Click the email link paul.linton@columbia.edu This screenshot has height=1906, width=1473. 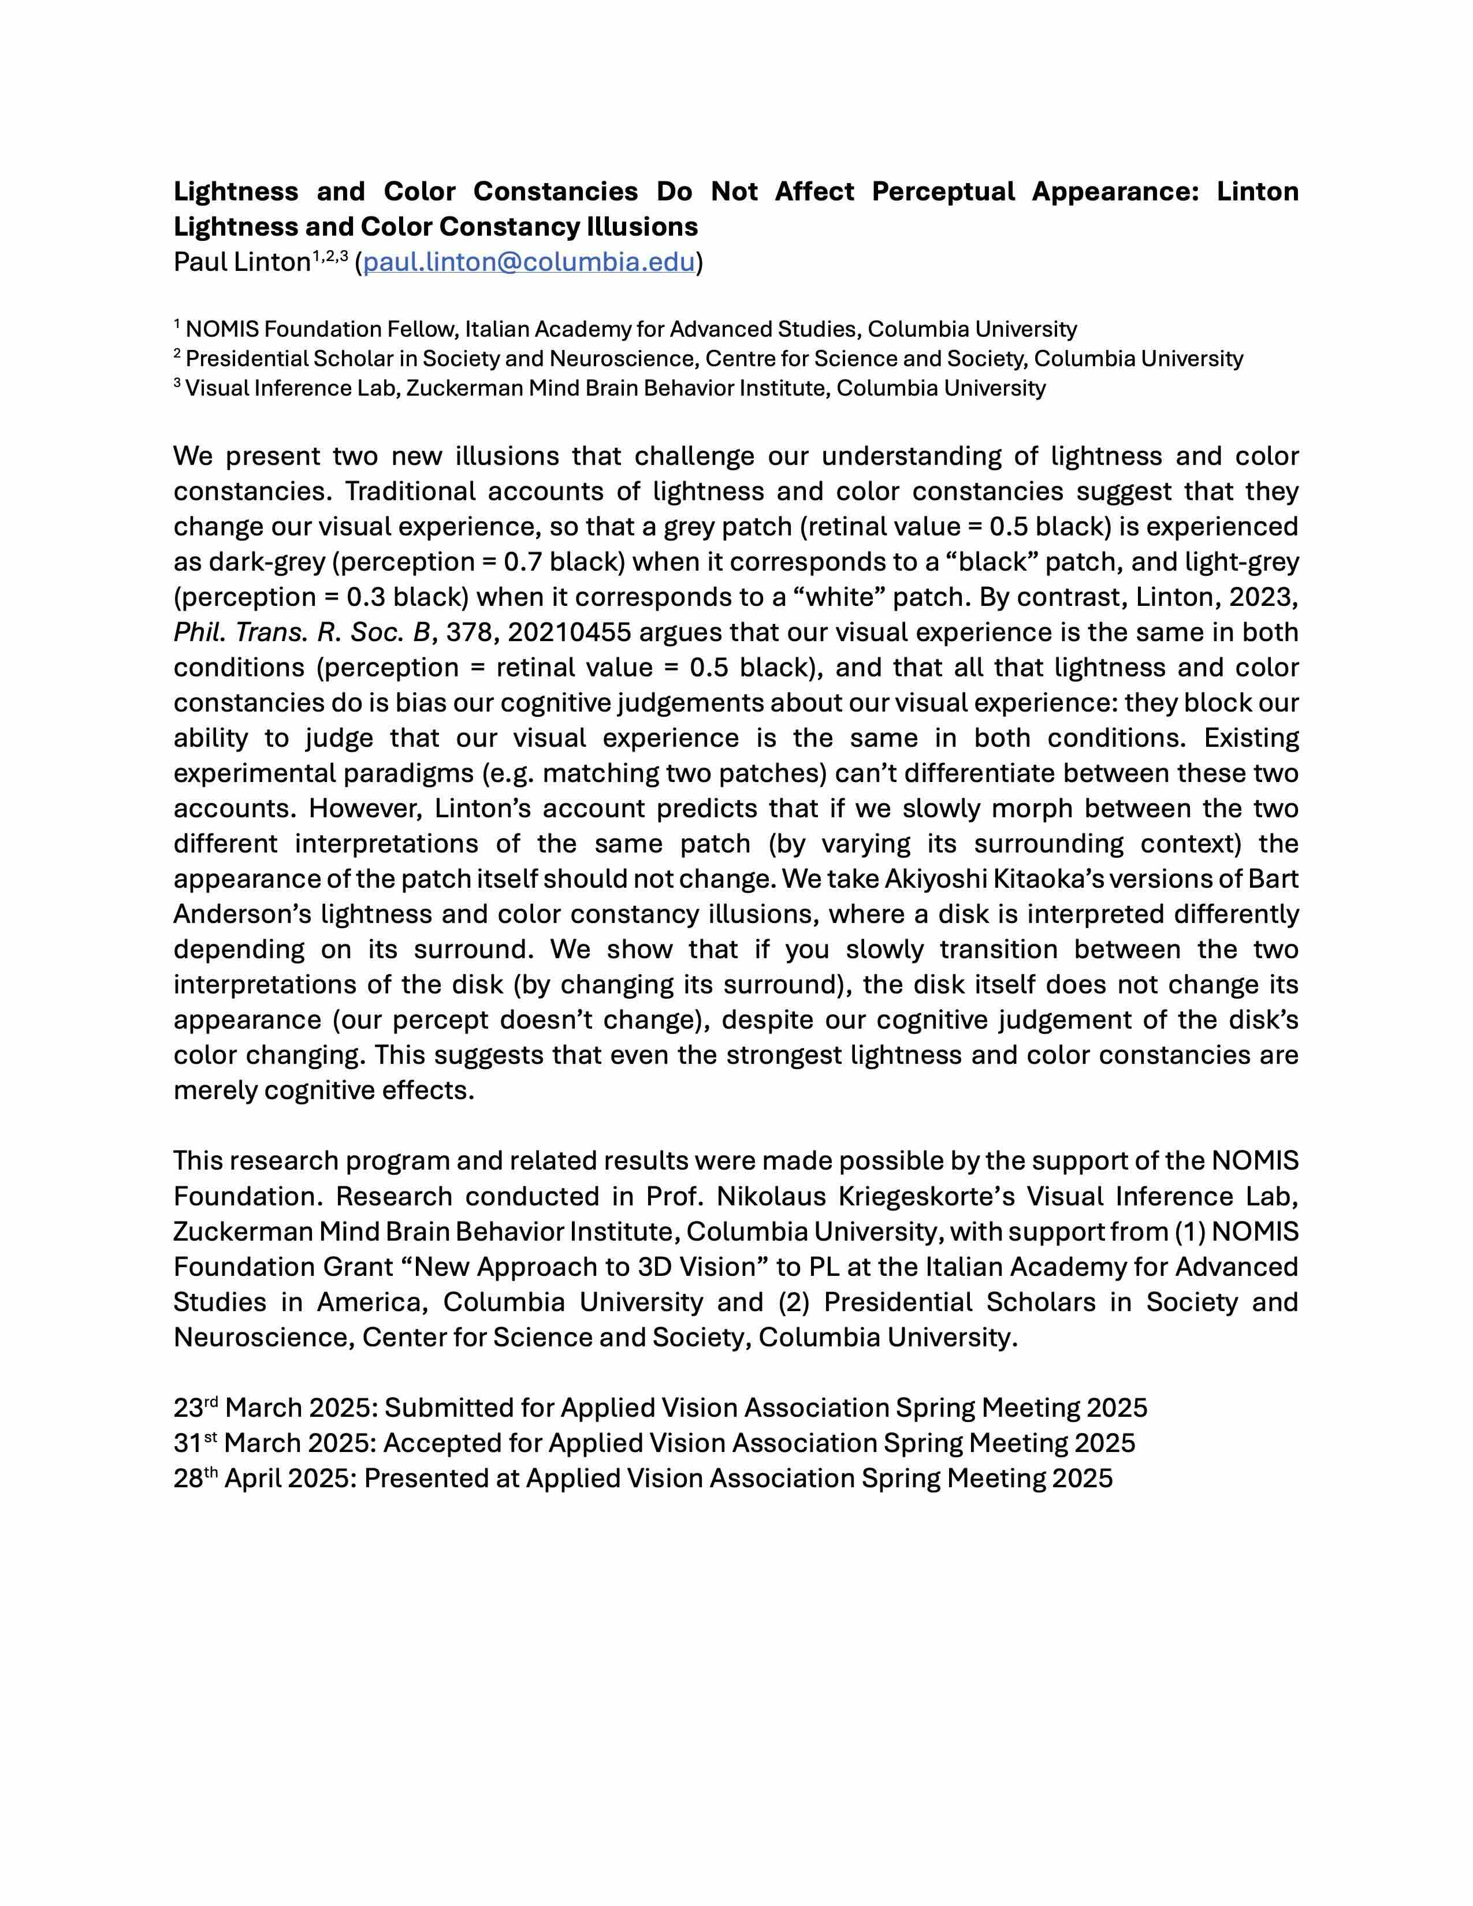pos(529,262)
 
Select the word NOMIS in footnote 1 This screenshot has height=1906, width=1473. pos(222,329)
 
